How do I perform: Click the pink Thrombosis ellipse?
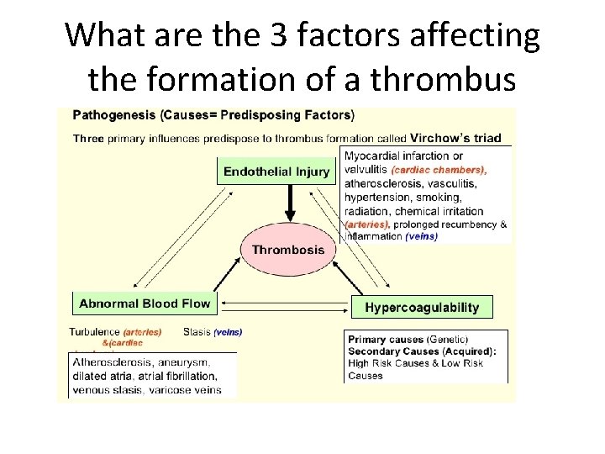(288, 250)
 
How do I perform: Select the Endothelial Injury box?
(265, 172)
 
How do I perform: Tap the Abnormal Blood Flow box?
(145, 303)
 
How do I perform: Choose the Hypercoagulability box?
(422, 307)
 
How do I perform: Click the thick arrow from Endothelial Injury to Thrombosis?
(290, 202)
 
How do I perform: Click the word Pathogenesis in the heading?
(109, 114)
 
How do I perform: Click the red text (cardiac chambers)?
(439, 169)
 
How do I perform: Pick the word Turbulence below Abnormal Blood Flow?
(95, 331)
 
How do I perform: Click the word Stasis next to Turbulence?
(197, 331)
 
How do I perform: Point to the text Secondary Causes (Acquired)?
(421, 351)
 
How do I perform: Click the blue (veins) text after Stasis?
(229, 332)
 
